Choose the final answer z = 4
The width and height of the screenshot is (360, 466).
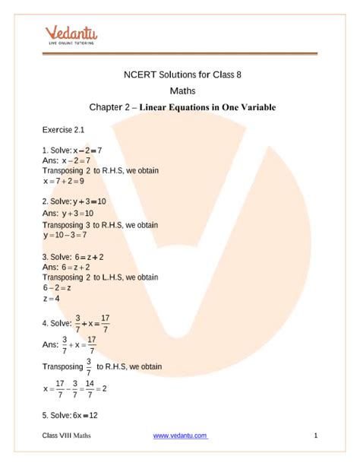coord(52,300)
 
